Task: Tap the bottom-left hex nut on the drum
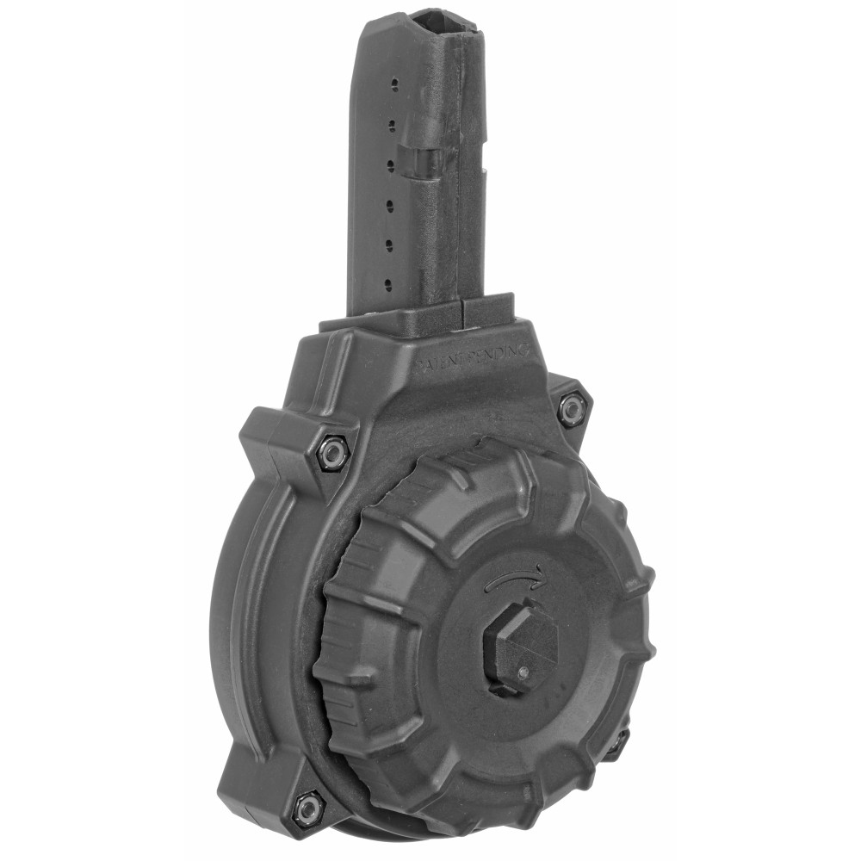[307, 807]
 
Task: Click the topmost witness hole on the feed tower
[394, 84]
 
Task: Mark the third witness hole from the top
[393, 163]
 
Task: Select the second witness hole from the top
[393, 124]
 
